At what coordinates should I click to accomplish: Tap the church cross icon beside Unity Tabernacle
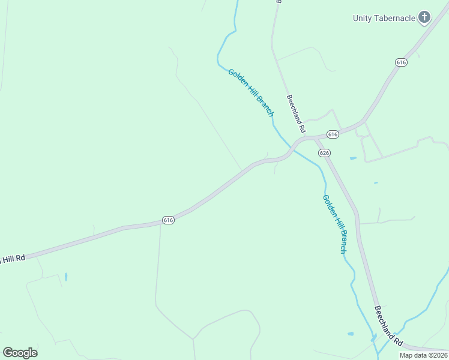(x=424, y=17)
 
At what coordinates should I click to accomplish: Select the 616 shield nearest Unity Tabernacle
(x=402, y=62)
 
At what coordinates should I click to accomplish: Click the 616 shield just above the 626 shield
(x=333, y=133)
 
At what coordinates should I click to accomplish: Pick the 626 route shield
(x=324, y=153)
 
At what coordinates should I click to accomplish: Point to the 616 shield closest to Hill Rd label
(x=168, y=220)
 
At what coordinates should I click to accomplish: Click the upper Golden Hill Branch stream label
(x=251, y=92)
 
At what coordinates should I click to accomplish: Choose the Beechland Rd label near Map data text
(x=388, y=326)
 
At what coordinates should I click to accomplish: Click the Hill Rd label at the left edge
(x=12, y=259)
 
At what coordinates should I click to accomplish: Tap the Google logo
(x=20, y=353)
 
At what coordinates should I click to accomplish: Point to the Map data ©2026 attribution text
(x=423, y=355)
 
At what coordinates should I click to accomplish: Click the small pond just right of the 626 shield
(x=353, y=158)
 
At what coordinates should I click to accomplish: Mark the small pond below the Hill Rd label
(x=65, y=277)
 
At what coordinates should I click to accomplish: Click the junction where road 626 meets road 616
(x=314, y=139)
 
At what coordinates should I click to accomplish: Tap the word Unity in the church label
(x=362, y=18)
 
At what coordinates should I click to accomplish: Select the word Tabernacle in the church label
(x=394, y=18)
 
